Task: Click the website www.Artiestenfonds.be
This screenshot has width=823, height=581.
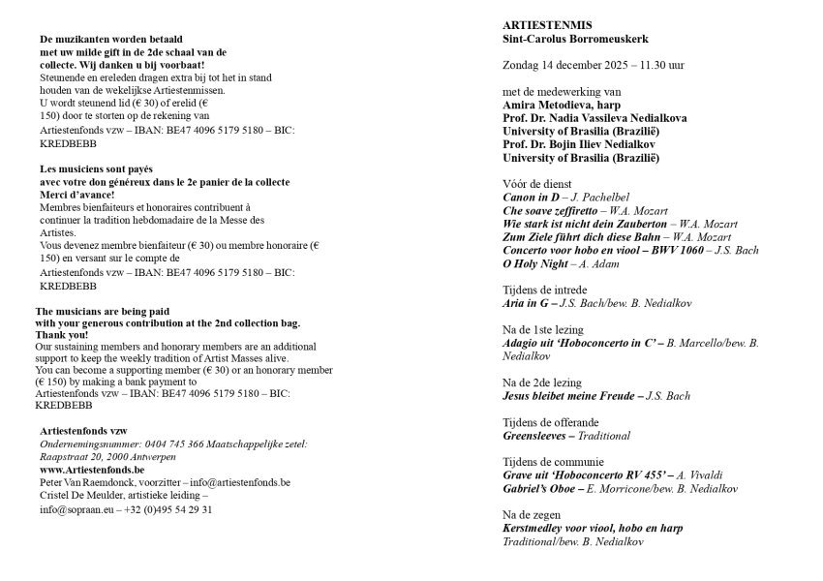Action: (92, 469)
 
